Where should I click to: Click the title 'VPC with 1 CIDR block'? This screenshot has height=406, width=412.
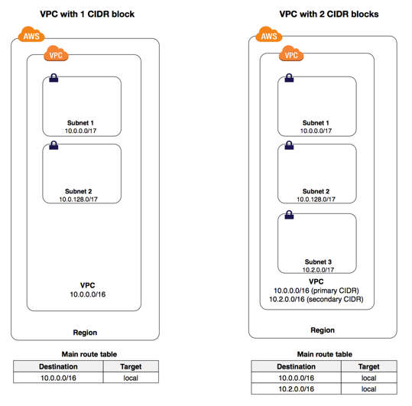pyautogui.click(x=87, y=14)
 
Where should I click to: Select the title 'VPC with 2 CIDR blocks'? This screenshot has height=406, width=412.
pyautogui.click(x=329, y=14)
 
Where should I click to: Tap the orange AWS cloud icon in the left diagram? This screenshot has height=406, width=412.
pyautogui.click(x=31, y=34)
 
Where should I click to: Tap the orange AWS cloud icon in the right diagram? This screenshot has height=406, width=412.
pyautogui.click(x=269, y=34)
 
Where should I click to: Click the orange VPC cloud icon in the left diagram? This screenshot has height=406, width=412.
pyautogui.click(x=56, y=54)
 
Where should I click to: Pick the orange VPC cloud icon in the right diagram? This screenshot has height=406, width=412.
pyautogui.click(x=291, y=54)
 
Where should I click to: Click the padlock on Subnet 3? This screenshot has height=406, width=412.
pyautogui.click(x=289, y=215)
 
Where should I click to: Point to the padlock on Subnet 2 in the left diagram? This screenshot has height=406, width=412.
pyautogui.click(x=54, y=145)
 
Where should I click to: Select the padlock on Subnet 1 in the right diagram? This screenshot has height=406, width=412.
pyautogui.click(x=289, y=78)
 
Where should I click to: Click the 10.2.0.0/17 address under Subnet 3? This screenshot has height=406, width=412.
pyautogui.click(x=318, y=270)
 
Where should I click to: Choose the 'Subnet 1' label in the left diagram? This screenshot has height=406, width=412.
pyautogui.click(x=80, y=123)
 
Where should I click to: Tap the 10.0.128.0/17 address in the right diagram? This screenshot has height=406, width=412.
pyautogui.click(x=316, y=200)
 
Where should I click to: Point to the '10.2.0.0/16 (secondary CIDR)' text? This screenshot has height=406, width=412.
pyautogui.click(x=316, y=299)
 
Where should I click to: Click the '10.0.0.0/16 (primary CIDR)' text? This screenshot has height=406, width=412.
pyautogui.click(x=316, y=291)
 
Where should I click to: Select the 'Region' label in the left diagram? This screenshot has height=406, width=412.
pyautogui.click(x=85, y=333)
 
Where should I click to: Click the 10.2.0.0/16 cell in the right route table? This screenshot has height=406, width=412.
pyautogui.click(x=296, y=388)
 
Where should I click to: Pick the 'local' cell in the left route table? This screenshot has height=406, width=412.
pyautogui.click(x=131, y=378)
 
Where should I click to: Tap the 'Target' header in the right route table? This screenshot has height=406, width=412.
pyautogui.click(x=368, y=366)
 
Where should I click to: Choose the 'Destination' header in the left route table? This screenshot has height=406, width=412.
pyautogui.click(x=58, y=366)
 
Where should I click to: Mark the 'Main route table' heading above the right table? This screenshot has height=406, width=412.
pyautogui.click(x=325, y=354)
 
